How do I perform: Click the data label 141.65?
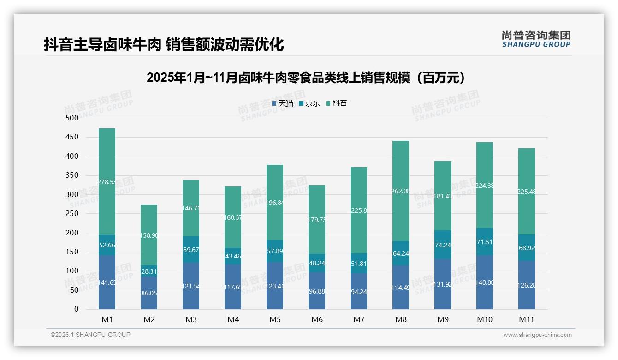(107, 283)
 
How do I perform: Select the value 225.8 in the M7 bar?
(359, 210)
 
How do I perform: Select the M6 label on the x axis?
(317, 319)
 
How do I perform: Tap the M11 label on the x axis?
(526, 319)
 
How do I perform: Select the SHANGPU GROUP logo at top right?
(536, 39)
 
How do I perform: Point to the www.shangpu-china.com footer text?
(537, 335)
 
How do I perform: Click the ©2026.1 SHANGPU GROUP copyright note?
(90, 335)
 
